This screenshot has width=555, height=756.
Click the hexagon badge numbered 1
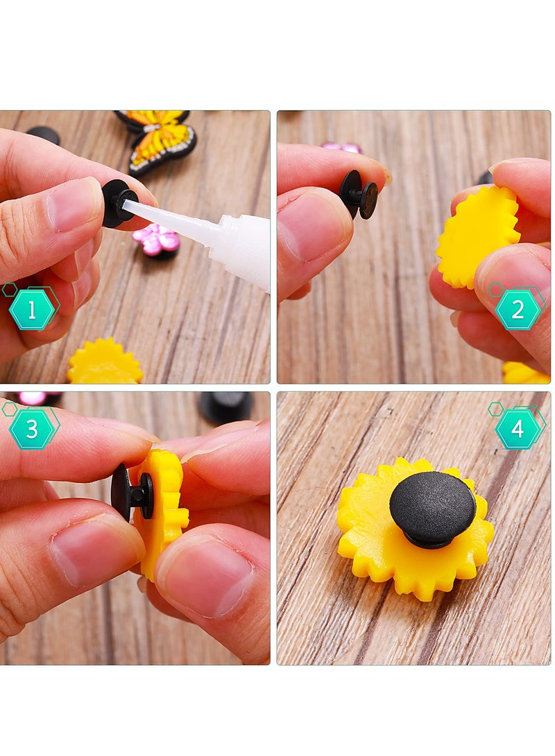(32, 310)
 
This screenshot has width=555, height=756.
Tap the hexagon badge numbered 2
(518, 309)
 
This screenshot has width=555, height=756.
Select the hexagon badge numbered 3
(32, 428)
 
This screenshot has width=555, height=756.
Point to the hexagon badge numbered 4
(518, 428)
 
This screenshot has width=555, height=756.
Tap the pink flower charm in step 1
(156, 240)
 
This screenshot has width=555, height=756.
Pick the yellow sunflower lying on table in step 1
(105, 363)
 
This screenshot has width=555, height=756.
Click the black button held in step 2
(359, 194)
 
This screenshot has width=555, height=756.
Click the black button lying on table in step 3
(225, 406)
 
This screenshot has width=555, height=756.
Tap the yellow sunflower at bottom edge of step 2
(525, 373)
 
